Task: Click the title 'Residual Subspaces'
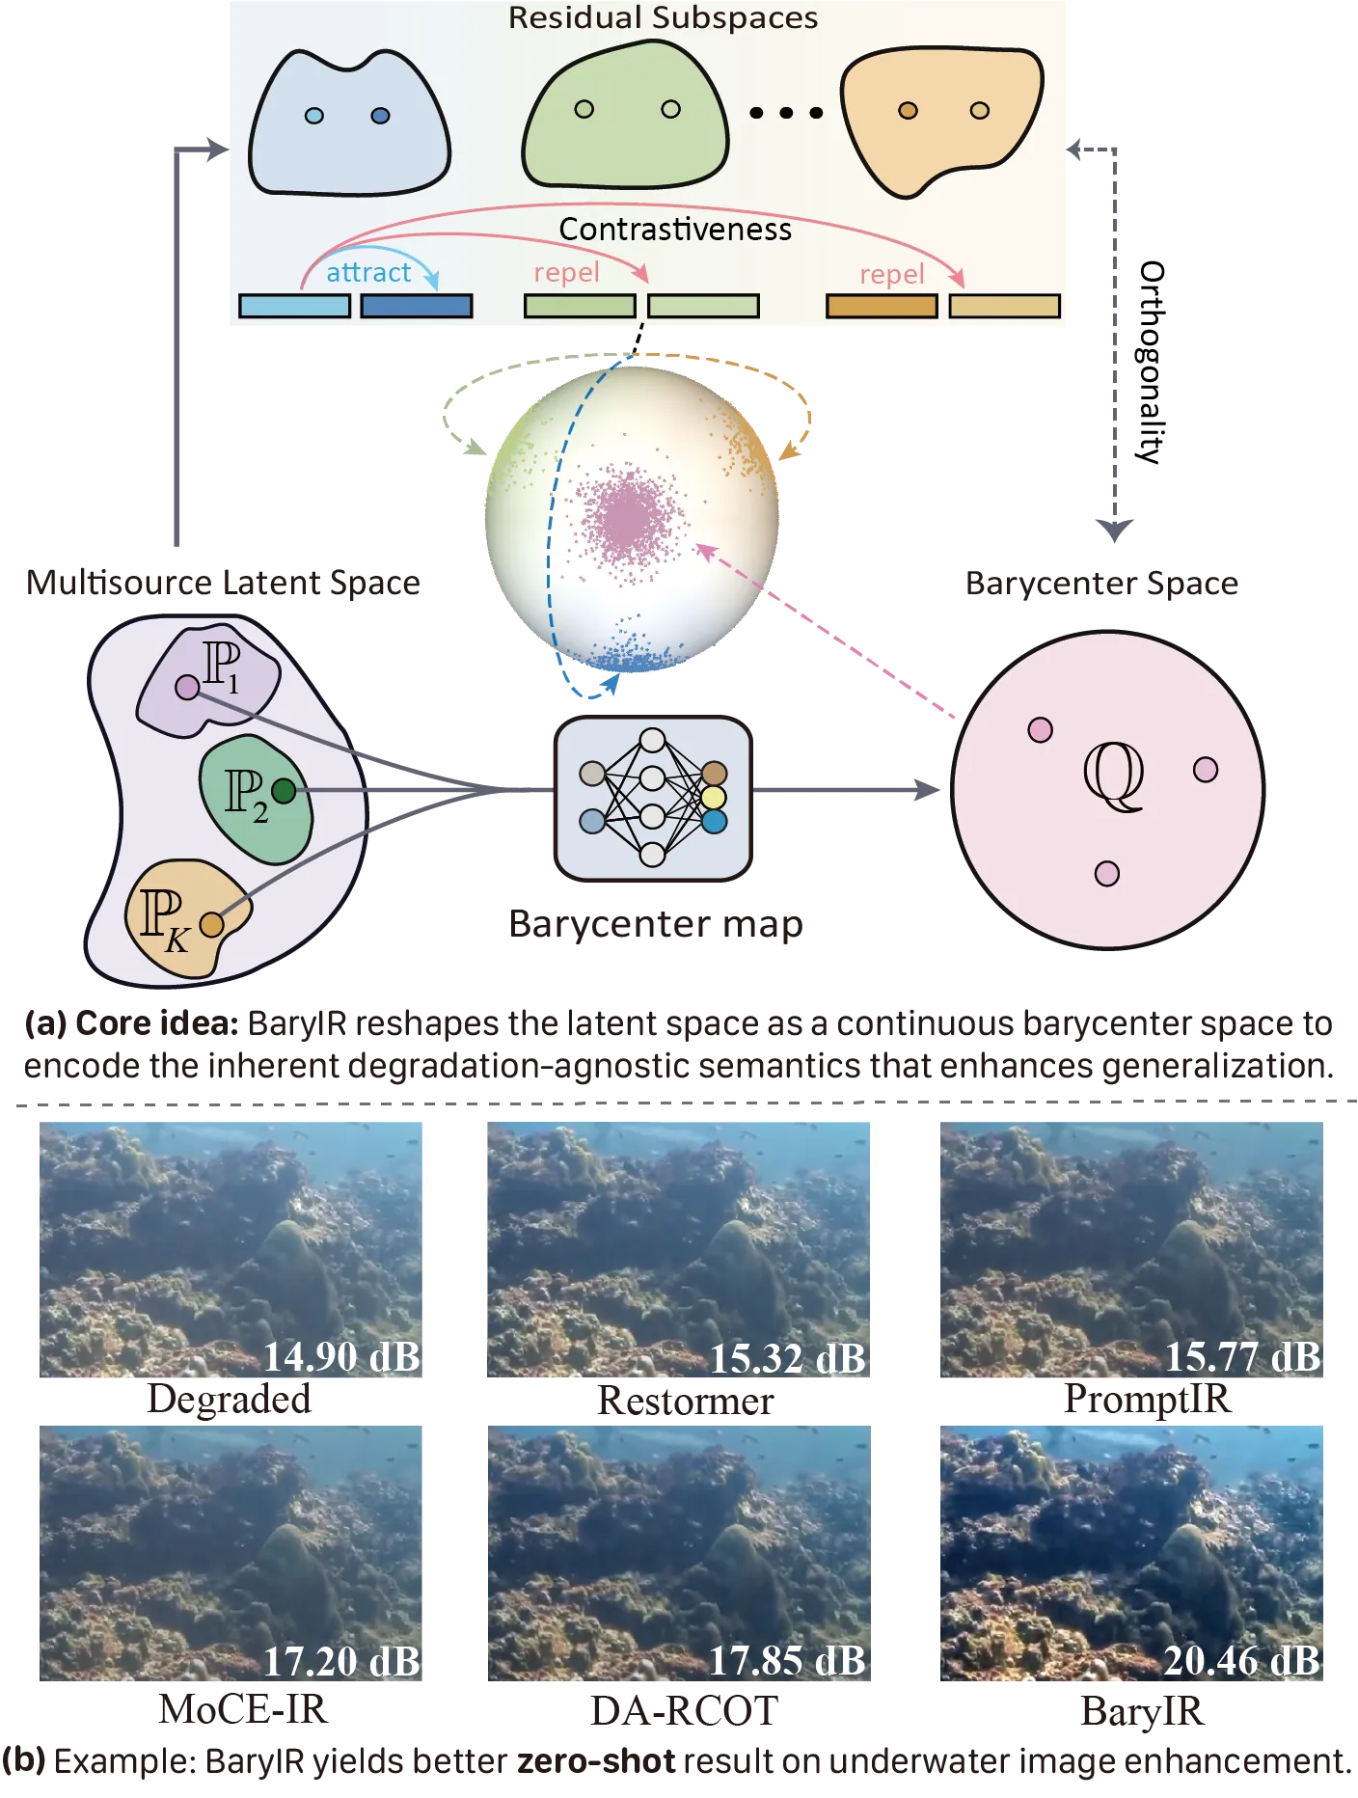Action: pyautogui.click(x=663, y=17)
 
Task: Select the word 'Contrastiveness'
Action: pyautogui.click(x=675, y=230)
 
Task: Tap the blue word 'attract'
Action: pyautogui.click(x=368, y=273)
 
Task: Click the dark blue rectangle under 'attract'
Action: pyautogui.click(x=416, y=306)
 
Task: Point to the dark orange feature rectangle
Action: pyautogui.click(x=882, y=306)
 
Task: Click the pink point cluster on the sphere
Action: pyautogui.click(x=629, y=516)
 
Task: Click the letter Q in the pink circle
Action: pyautogui.click(x=1114, y=776)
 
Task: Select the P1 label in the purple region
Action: pyautogui.click(x=222, y=666)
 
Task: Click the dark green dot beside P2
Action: pyautogui.click(x=284, y=791)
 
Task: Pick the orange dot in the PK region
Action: pyautogui.click(x=212, y=925)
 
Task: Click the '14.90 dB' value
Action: pyautogui.click(x=341, y=1356)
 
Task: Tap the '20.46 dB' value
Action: pyautogui.click(x=1241, y=1661)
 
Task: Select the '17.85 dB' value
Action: pyautogui.click(x=787, y=1661)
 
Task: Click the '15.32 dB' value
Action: pyautogui.click(x=787, y=1358)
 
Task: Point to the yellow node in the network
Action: pyautogui.click(x=714, y=798)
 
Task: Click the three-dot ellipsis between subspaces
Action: pyautogui.click(x=786, y=113)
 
